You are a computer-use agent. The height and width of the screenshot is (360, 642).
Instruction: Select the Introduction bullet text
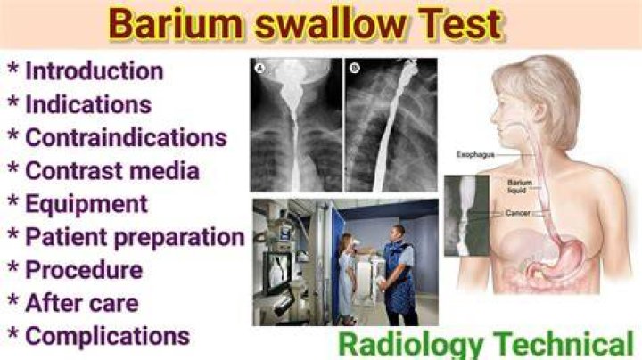[x=95, y=71]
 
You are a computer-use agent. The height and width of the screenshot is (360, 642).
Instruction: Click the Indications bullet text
[x=88, y=104]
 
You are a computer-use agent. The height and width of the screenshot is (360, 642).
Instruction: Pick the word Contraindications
[x=126, y=137]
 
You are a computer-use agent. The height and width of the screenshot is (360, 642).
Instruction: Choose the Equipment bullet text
[x=86, y=205]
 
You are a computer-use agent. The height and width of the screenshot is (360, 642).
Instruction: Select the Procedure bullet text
[x=84, y=270]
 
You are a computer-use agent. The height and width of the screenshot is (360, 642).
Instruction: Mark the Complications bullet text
[x=108, y=337]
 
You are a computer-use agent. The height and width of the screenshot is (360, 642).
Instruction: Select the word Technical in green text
[x=564, y=344]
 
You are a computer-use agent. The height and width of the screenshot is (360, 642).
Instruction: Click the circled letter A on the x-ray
[x=259, y=68]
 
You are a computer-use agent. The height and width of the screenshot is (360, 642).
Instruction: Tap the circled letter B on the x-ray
[x=354, y=68]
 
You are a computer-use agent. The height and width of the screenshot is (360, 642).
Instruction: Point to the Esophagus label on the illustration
[x=475, y=155]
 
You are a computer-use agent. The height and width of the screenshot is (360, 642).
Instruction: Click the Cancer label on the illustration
[x=517, y=213]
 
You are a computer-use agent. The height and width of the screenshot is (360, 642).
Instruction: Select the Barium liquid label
[x=520, y=186]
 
